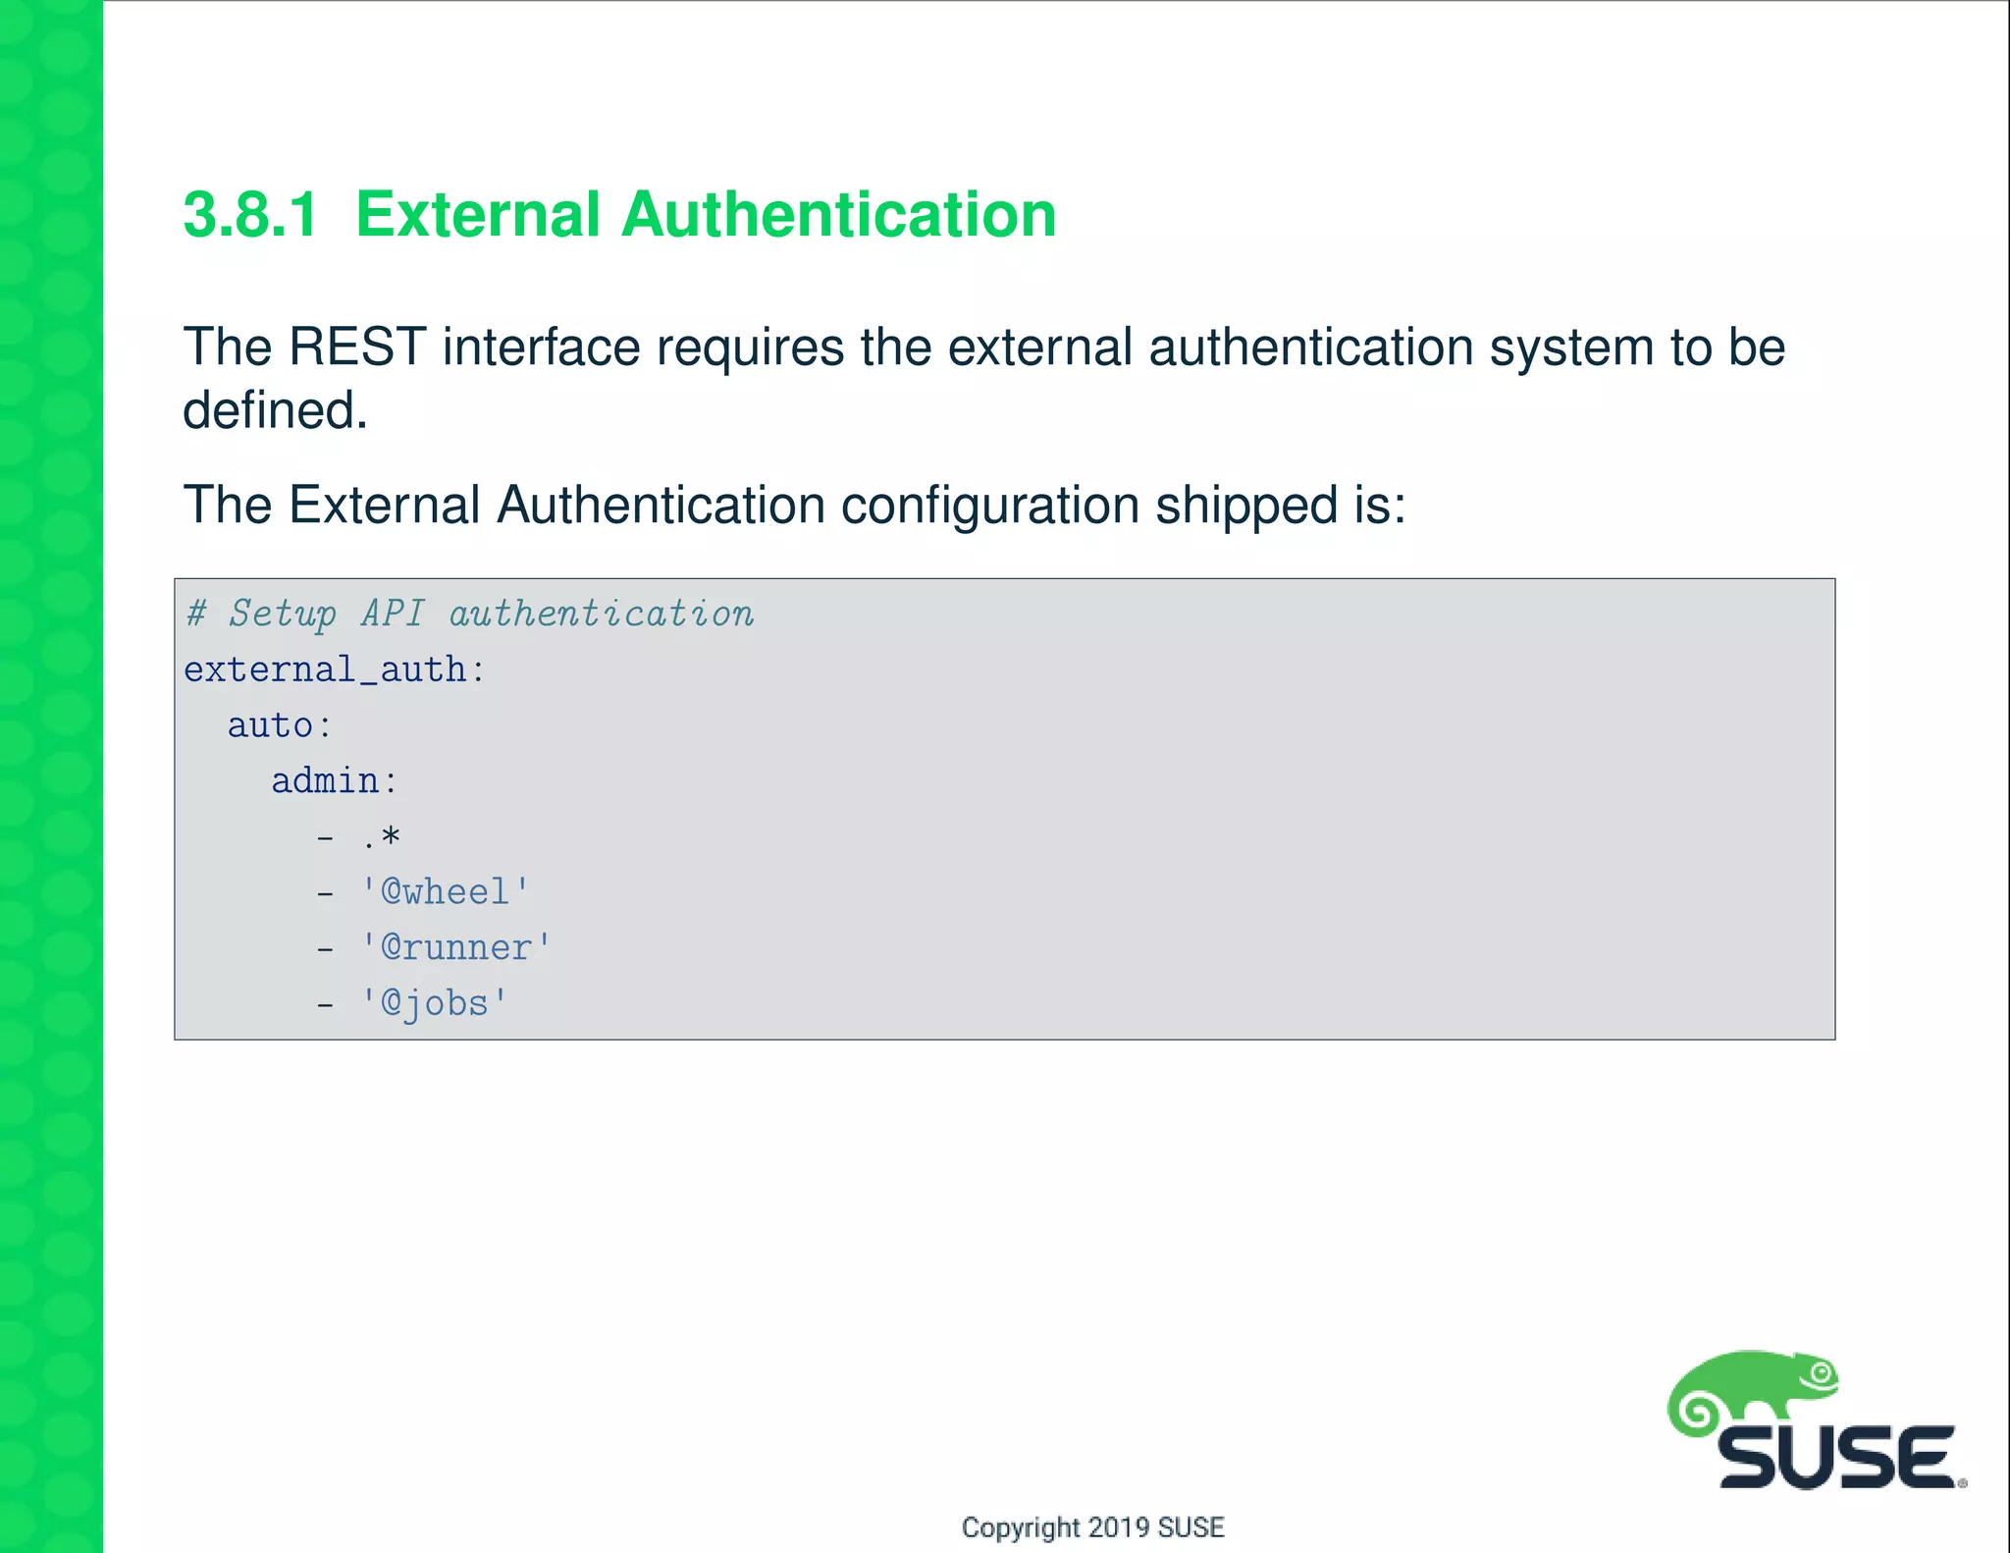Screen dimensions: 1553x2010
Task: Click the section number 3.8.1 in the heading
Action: pos(250,215)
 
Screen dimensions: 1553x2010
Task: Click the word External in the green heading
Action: pos(477,215)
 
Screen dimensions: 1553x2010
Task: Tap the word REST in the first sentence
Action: pos(357,348)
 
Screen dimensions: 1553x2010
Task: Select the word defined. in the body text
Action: pos(275,410)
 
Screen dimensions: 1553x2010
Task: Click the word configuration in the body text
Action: pos(989,507)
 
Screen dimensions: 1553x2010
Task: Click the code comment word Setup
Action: pos(283,615)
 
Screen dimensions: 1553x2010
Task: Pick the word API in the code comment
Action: pos(393,615)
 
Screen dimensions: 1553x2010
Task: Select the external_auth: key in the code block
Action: pos(335,670)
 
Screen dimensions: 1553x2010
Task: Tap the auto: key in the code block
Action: pos(281,726)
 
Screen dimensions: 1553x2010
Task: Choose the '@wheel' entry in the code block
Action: pos(446,892)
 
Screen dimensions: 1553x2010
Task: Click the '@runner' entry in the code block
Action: pos(456,948)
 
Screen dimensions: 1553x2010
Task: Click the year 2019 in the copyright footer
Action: pos(1119,1527)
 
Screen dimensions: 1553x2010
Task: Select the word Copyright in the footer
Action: pos(1021,1527)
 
